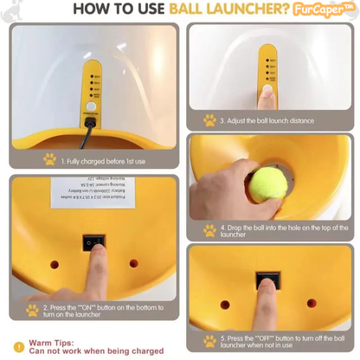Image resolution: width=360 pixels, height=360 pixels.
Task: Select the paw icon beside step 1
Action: pos(49,158)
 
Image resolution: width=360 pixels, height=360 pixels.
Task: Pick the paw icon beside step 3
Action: pos(209,120)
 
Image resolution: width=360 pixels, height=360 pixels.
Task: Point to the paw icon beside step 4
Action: pos(209,230)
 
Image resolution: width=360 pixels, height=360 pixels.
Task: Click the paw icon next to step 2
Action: pos(32,309)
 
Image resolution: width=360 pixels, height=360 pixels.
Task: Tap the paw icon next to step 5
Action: pos(209,340)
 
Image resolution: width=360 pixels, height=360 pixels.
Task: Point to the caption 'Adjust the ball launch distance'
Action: pos(272,121)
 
